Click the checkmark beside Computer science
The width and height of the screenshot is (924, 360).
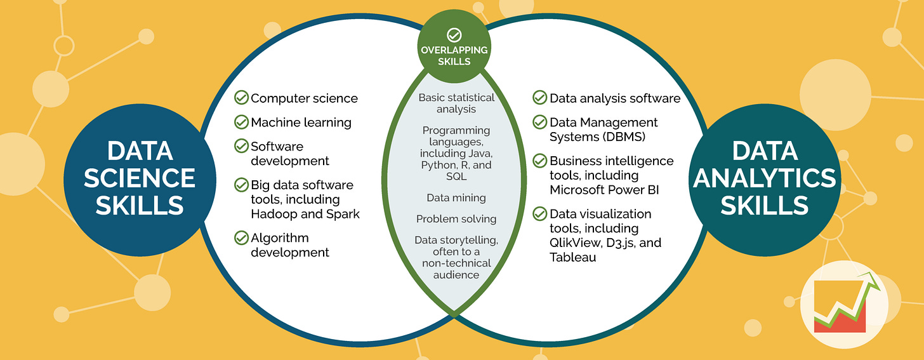click(241, 98)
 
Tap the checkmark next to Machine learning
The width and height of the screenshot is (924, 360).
click(241, 121)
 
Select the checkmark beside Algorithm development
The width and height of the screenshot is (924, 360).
click(241, 238)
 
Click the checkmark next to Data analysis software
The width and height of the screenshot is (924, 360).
click(539, 98)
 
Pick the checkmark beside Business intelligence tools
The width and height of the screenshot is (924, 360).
click(539, 161)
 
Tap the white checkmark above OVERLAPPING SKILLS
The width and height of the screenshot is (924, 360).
click(454, 35)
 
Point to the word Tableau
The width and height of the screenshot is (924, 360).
click(573, 257)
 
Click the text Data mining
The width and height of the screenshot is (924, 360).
click(456, 197)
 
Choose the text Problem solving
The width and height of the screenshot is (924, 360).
click(456, 219)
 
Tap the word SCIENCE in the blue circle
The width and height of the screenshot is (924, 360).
click(139, 178)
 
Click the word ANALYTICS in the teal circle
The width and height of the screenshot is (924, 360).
click(764, 178)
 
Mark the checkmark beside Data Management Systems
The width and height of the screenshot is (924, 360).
click(539, 121)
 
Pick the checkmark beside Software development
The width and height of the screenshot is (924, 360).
click(241, 145)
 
